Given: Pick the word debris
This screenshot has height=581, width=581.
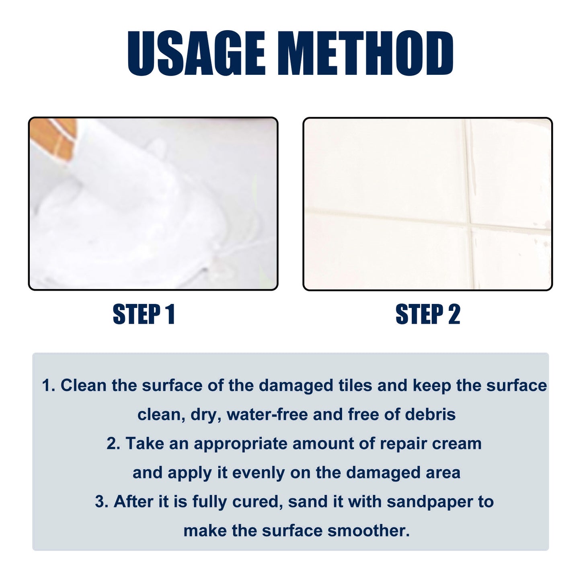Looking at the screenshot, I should point(430,414).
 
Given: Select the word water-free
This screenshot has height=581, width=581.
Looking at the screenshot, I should point(267,414).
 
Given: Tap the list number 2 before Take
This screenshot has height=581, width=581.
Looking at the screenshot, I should point(113,443).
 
